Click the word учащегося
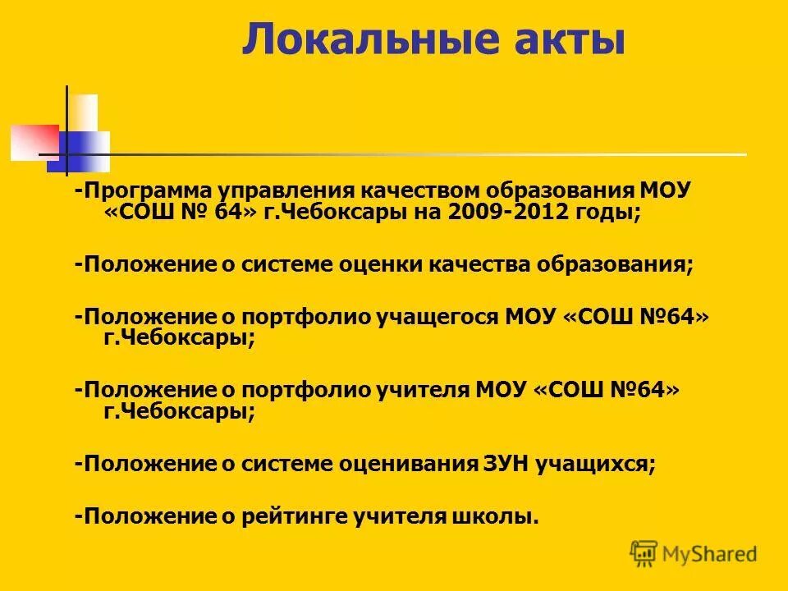pyautogui.click(x=438, y=317)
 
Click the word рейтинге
pyautogui.click(x=295, y=516)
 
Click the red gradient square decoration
pyautogui.click(x=34, y=141)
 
